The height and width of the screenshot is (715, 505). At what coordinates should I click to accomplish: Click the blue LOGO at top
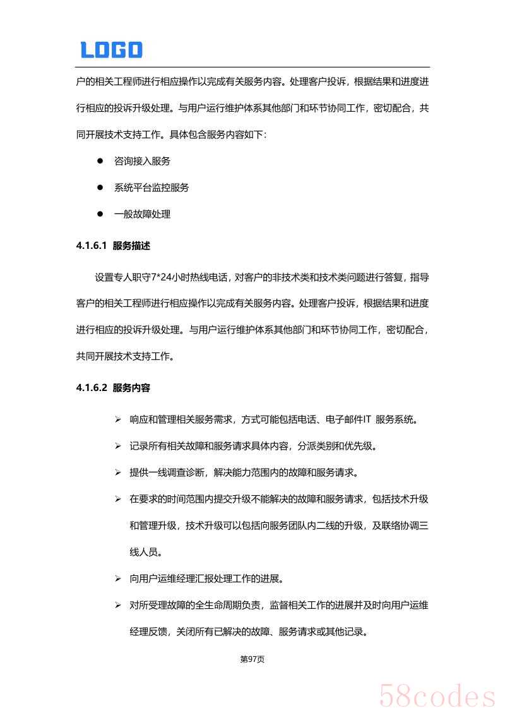(x=111, y=50)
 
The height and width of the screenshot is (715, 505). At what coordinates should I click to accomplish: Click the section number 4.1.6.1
(x=91, y=246)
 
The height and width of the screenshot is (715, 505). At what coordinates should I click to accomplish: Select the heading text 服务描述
(x=131, y=246)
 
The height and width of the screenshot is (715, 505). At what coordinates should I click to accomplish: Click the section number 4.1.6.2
(x=91, y=388)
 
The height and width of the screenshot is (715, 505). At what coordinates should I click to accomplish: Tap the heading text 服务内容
(x=131, y=388)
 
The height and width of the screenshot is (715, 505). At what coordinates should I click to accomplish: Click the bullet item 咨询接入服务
(x=142, y=161)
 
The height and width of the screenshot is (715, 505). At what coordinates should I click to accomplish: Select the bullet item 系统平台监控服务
(x=151, y=188)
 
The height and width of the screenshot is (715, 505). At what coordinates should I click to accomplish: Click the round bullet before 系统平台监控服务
(x=100, y=188)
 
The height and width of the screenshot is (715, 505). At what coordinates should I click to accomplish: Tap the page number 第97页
(x=252, y=659)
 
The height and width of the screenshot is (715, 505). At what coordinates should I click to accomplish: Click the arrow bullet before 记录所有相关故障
(x=117, y=446)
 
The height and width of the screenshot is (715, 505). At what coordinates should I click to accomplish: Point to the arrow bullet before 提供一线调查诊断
(x=117, y=472)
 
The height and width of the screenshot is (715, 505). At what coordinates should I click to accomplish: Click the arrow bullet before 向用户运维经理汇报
(x=117, y=579)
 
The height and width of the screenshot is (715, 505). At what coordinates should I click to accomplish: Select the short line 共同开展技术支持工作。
(x=126, y=356)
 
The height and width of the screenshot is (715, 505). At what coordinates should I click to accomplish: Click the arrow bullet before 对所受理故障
(x=117, y=605)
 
